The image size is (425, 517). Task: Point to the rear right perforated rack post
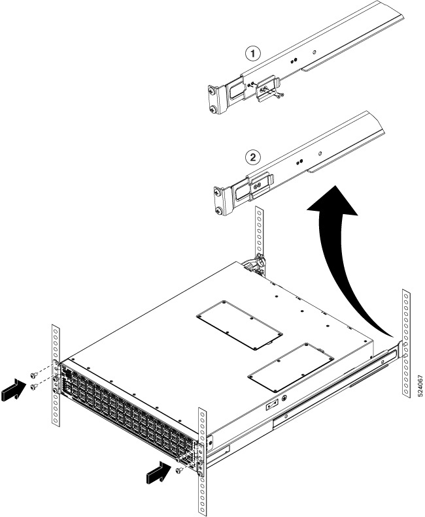406,343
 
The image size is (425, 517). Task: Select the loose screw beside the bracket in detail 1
279,96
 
